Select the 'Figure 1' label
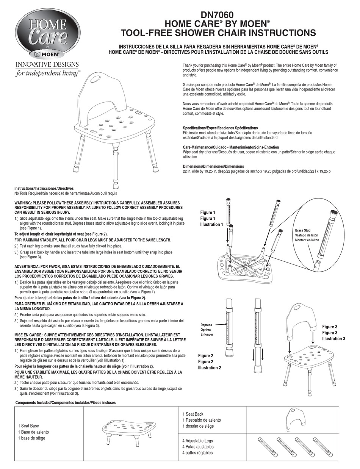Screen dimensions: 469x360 tap(208, 213)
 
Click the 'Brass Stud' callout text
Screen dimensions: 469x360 tap(303, 230)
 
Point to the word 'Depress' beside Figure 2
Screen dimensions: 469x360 tap(207, 325)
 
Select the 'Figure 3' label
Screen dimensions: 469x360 tap(330, 327)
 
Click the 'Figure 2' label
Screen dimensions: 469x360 tap(206, 355)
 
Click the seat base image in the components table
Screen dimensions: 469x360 tap(129, 431)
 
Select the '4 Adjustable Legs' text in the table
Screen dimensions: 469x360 tap(197, 441)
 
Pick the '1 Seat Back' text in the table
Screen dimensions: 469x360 tap(195, 414)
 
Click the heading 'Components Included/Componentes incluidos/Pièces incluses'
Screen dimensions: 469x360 tap(66, 403)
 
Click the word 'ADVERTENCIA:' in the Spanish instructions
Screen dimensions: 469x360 tap(27, 267)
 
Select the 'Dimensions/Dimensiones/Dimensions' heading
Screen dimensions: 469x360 tap(213, 166)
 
